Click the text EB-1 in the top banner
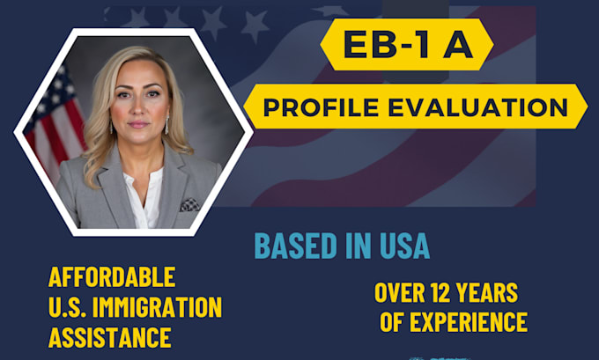pos(385,45)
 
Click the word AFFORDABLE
pos(112,277)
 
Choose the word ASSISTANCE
pos(109,337)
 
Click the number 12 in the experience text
pos(439,293)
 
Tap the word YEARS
pos(486,293)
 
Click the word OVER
pos(398,293)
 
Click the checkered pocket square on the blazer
pos(189,204)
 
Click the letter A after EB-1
pos(456,45)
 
